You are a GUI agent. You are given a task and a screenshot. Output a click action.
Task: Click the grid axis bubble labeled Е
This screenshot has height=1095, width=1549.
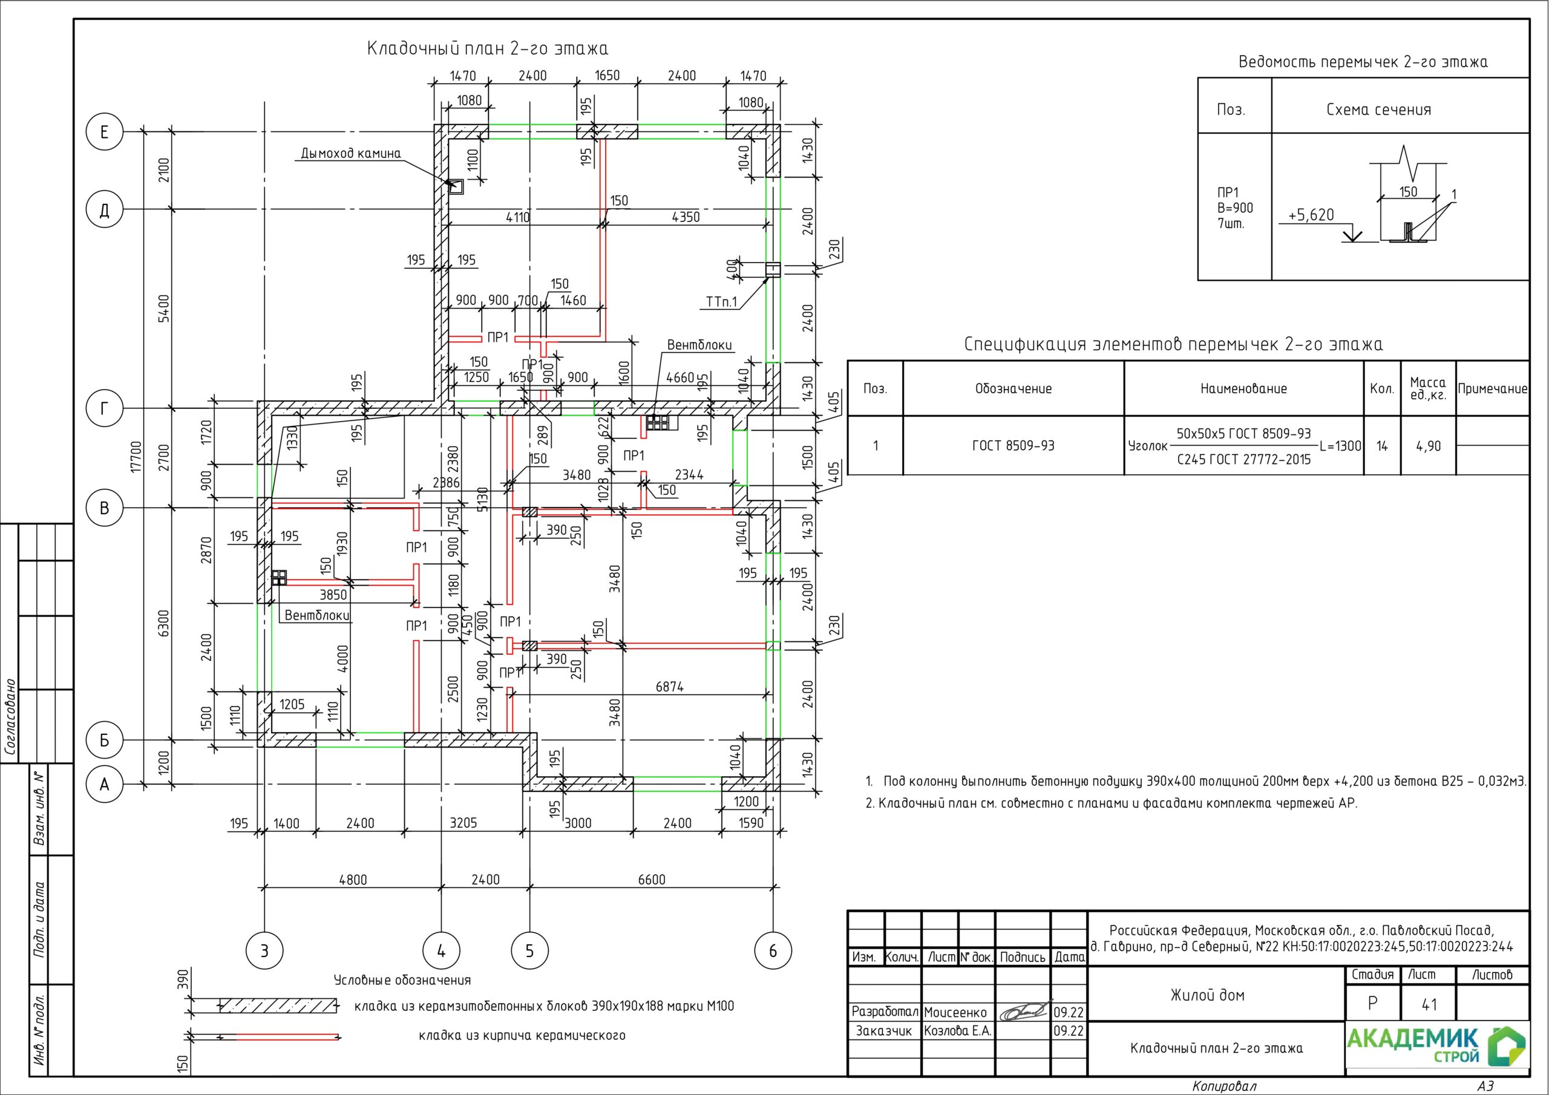coord(105,131)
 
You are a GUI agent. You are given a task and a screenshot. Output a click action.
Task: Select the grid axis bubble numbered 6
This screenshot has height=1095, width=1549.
coord(773,951)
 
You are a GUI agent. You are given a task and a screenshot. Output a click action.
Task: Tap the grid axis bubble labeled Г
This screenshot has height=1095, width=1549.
coord(105,408)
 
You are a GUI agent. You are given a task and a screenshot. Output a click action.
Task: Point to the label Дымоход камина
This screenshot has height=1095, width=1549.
coord(351,154)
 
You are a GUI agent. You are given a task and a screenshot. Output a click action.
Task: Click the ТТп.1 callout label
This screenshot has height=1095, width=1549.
coord(722,302)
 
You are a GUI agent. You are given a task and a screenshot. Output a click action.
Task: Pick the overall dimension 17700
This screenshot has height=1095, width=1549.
coord(137,457)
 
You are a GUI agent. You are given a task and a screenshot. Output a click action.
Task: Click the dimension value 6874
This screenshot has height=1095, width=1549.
coord(669,687)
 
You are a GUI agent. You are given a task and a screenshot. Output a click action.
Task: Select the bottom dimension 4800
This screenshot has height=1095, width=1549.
coord(353,880)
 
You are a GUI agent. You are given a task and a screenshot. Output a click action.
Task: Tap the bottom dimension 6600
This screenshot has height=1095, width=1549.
coord(651,880)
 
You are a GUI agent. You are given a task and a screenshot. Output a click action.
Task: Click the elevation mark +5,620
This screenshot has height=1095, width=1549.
coord(1311,215)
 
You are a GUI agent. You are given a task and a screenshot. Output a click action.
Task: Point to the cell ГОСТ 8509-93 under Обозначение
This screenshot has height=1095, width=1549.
coord(1013,446)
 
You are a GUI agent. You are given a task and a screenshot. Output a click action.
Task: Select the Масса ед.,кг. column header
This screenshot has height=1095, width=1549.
coord(1428,388)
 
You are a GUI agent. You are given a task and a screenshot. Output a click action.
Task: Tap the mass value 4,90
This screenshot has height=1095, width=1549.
coord(1428,446)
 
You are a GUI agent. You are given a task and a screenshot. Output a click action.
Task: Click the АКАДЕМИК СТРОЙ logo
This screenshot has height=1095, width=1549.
coord(1436,1047)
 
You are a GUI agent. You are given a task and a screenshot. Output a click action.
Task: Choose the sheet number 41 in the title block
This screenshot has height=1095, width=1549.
coord(1429,1005)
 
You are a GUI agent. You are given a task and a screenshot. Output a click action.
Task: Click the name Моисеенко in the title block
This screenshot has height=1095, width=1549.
coord(955,1012)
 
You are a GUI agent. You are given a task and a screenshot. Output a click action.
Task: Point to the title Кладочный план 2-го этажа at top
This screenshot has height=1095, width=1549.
coord(487,48)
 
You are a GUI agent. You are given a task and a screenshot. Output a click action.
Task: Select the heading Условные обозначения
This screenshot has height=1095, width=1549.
coord(402,980)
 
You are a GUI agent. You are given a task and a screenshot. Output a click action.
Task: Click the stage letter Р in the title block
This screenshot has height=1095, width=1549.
coord(1372,1004)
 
